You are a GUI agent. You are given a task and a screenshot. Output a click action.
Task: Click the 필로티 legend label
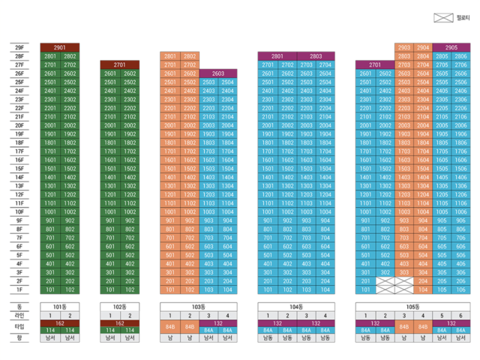(457, 16)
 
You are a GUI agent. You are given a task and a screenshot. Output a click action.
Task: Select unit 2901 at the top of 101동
(60, 47)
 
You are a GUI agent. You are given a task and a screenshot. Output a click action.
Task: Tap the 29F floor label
(19, 47)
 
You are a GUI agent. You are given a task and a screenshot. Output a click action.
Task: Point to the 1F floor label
(19, 289)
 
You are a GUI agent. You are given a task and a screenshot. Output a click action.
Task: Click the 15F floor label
(19, 168)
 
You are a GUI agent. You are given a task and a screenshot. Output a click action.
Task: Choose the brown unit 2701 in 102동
(121, 65)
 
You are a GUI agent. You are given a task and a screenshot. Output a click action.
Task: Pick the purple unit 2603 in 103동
(218, 73)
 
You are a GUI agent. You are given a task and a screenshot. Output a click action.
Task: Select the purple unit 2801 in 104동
(277, 56)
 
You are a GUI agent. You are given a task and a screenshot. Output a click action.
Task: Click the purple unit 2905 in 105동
(451, 47)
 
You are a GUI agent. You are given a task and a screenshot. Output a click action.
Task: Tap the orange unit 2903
(404, 47)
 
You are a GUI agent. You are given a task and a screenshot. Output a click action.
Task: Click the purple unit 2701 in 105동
(375, 65)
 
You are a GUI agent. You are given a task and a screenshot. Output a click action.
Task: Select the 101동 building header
(60, 307)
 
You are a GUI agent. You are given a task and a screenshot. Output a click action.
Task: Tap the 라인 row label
(19, 315)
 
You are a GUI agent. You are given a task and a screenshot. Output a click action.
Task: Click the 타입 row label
(19, 327)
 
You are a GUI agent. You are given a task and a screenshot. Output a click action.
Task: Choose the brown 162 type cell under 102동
(121, 323)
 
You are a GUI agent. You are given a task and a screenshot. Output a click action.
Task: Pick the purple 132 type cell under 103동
(218, 323)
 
